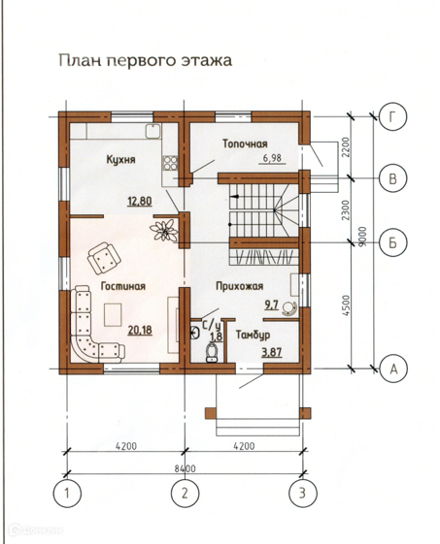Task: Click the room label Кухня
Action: [120, 160]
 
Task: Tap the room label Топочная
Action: [245, 144]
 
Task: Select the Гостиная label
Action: [123, 286]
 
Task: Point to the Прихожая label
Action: [240, 286]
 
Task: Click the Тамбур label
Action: [253, 336]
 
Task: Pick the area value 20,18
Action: [140, 330]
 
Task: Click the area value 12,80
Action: [140, 202]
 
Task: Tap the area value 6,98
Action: [272, 159]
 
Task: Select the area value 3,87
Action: [272, 353]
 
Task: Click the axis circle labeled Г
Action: [392, 116]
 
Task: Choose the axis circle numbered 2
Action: [185, 493]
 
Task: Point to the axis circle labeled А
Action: [393, 368]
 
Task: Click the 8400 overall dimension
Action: [185, 469]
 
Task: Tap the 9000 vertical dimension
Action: [363, 237]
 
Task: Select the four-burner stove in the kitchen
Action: [170, 163]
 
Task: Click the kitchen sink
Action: [152, 132]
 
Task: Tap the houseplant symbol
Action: [164, 230]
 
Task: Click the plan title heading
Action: [146, 61]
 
